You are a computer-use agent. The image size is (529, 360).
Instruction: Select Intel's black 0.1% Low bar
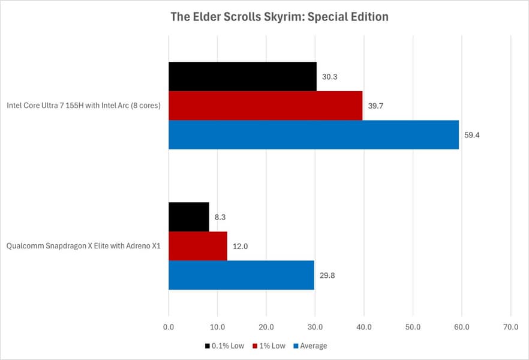(x=242, y=76)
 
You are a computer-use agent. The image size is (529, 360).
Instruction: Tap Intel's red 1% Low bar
(x=265, y=106)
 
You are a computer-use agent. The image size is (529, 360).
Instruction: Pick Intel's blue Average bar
(x=313, y=134)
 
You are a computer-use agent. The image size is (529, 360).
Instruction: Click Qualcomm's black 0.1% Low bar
(x=188, y=217)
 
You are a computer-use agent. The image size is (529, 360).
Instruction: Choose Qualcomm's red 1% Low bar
(x=197, y=246)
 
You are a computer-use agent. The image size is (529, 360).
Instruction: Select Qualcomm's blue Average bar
(x=241, y=275)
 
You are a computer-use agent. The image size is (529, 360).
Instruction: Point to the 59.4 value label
(x=471, y=135)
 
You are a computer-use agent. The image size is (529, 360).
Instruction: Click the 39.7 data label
(x=375, y=106)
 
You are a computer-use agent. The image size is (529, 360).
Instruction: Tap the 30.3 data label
(x=329, y=77)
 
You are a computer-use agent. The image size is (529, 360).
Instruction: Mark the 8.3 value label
(x=220, y=217)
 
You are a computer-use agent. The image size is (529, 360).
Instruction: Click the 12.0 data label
(x=241, y=247)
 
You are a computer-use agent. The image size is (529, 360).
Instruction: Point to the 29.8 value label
(x=327, y=275)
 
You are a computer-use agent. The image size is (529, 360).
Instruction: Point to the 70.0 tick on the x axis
(x=510, y=327)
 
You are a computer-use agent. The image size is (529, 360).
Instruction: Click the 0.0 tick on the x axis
(x=169, y=327)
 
